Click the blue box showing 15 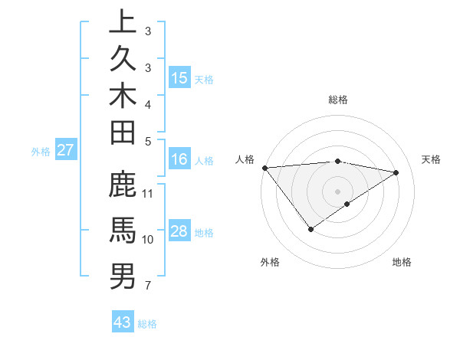pyautogui.click(x=179, y=77)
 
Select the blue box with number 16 pyautogui.click(x=179, y=159)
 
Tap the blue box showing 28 pyautogui.click(x=179, y=231)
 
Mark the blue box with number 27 pyautogui.click(x=66, y=150)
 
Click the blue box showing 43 pyautogui.click(x=123, y=322)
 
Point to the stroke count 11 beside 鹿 pyautogui.click(x=149, y=192)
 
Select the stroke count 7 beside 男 pyautogui.click(x=147, y=286)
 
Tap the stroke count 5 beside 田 pyautogui.click(x=147, y=140)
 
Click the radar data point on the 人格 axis pyautogui.click(x=264, y=167)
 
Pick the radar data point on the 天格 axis pyautogui.click(x=396, y=172)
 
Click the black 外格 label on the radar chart pyautogui.click(x=270, y=262)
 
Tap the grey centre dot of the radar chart pyautogui.click(x=337, y=190)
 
